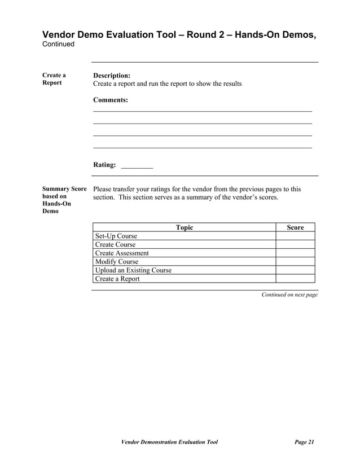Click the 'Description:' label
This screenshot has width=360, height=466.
112,75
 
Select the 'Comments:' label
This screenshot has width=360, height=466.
110,100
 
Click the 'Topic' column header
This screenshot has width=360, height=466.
185,227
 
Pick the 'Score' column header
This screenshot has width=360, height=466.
295,227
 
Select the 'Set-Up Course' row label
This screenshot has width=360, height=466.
116,236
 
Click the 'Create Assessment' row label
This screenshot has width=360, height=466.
122,253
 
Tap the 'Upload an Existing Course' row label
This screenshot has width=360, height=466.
133,270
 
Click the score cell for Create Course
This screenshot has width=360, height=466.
295,245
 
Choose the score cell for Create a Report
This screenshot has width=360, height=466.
295,279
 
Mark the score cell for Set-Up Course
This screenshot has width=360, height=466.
295,236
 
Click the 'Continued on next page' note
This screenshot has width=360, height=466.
289,295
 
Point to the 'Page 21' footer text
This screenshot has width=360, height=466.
304,442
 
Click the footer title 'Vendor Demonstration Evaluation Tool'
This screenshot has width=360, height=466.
170,442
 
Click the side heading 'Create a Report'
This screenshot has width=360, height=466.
54,79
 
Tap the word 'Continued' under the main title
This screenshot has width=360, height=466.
59,45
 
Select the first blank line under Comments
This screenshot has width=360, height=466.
202,111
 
